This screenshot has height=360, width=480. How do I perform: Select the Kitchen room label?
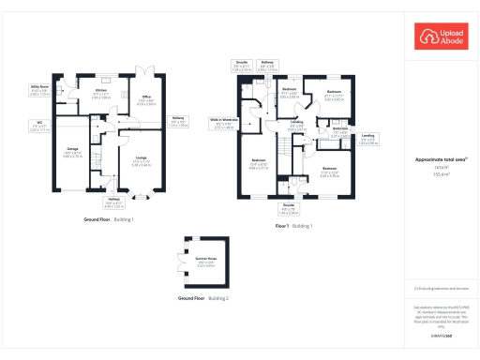(x=102, y=94)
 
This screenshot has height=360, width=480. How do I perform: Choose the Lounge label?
(x=142, y=161)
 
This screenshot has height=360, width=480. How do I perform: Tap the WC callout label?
(x=39, y=127)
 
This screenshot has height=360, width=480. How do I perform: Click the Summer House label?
(x=204, y=260)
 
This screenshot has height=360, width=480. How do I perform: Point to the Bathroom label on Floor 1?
(x=339, y=133)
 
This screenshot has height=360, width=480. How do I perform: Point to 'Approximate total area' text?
(x=441, y=160)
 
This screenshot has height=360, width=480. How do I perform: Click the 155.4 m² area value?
(x=441, y=174)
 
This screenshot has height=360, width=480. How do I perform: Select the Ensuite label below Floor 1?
(x=291, y=208)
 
